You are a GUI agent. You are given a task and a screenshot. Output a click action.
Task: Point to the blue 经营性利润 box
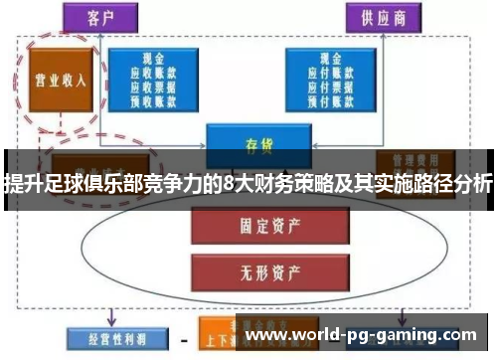pos(106,336)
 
